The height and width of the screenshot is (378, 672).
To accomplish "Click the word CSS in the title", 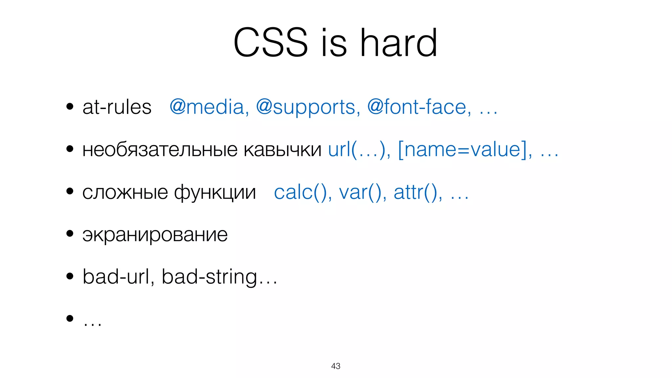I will tap(270, 43).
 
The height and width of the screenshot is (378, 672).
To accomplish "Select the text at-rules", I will tap(117, 107).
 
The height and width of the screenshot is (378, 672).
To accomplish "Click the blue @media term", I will tap(209, 107).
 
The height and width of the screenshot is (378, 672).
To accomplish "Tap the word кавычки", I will tap(283, 150).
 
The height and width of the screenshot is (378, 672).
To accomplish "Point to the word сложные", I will tap(125, 192).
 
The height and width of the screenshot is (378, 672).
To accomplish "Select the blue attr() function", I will tap(417, 192).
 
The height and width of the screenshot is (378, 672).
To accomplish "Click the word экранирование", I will tap(155, 235).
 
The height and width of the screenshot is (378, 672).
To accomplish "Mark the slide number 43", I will tap(336, 366).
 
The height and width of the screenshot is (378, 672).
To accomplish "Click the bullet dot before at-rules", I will tap(70, 107).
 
